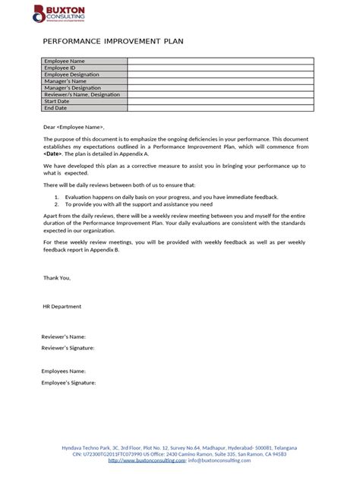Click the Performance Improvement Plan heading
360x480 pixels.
pos(113,42)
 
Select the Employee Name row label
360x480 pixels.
pos(65,61)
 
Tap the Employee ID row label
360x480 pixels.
pos(60,68)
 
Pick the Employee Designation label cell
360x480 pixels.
pos(73,74)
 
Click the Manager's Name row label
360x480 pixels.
pos(65,81)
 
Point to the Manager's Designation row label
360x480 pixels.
pos(73,87)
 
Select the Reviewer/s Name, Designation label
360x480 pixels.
pos(82,94)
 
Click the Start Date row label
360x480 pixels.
pos(57,101)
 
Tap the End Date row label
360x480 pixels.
pos(55,108)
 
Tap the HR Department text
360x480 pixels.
pos(62,306)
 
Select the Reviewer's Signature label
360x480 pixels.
pos(68,348)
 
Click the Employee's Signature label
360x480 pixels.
pos(68,384)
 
